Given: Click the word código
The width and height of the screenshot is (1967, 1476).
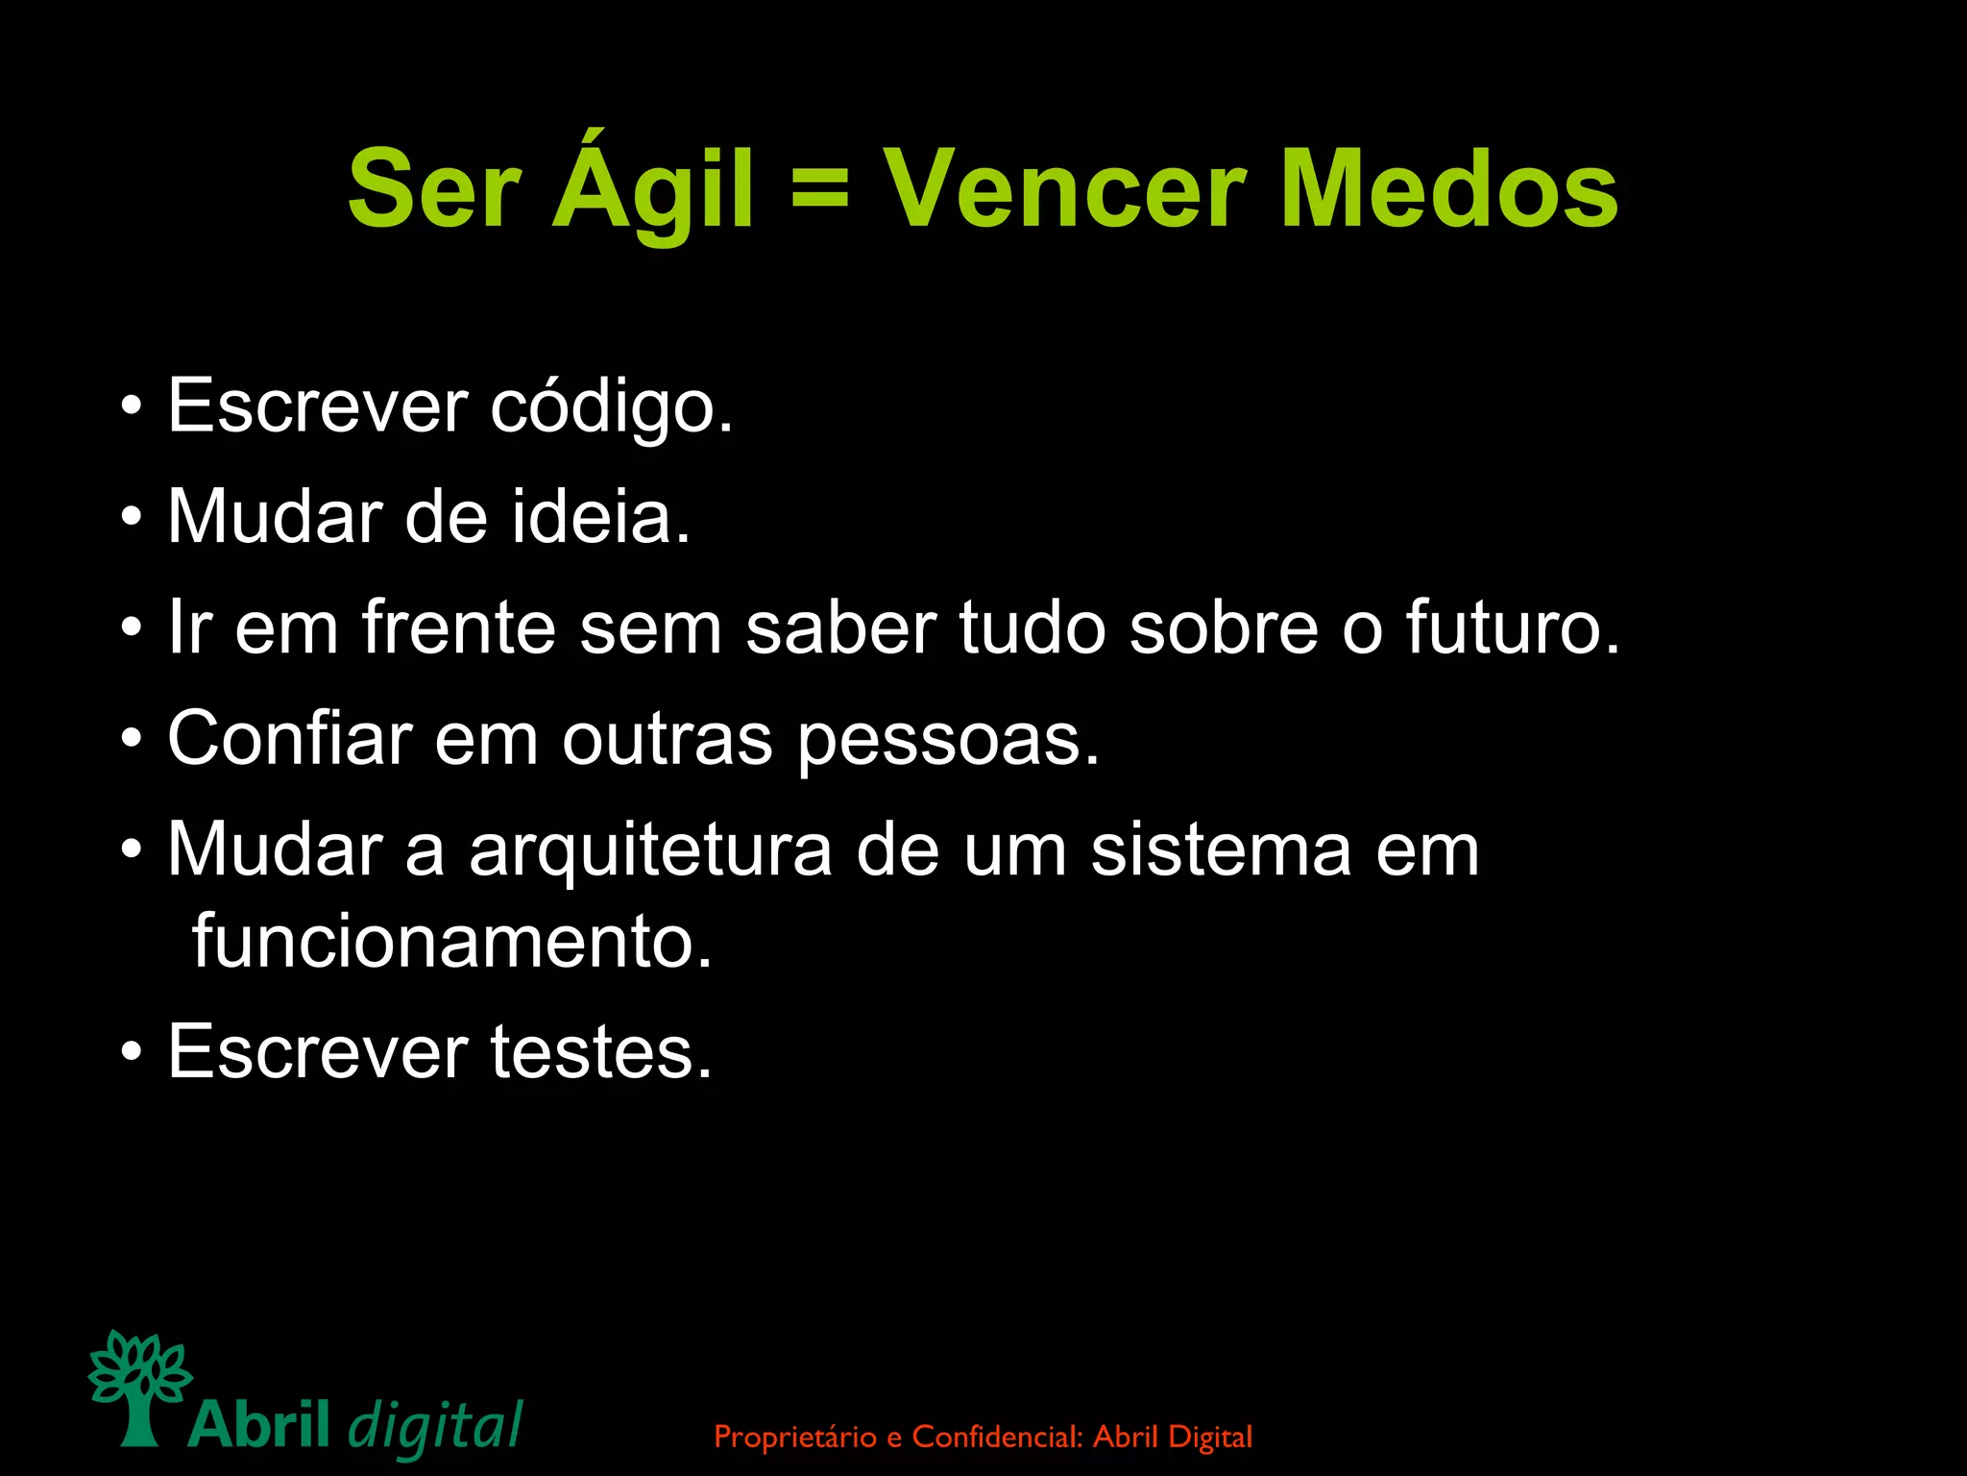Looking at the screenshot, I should click(612, 406).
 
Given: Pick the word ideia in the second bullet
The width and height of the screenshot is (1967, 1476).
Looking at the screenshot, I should click(600, 517).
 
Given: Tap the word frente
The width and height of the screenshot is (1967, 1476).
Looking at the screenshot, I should click(459, 627).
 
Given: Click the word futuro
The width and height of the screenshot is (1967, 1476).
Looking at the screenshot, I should click(1513, 627).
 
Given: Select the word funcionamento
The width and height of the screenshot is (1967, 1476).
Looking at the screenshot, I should click(452, 941).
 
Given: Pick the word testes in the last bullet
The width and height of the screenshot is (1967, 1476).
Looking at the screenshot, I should click(601, 1052).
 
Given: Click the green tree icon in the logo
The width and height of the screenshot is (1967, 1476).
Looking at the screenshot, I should click(139, 1385).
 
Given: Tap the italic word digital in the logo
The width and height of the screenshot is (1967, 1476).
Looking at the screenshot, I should click(435, 1425).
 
